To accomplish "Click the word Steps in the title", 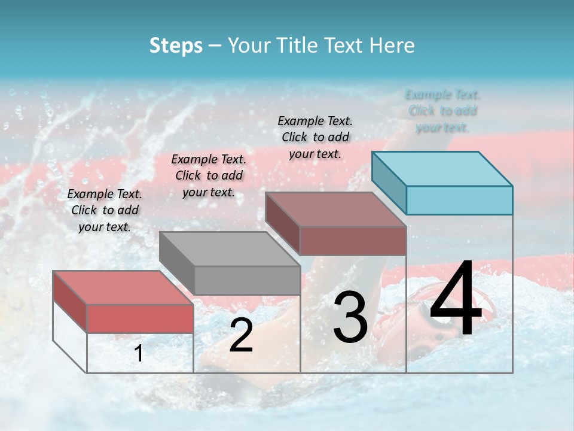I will [x=176, y=45].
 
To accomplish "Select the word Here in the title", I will [x=391, y=45].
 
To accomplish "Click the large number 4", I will [x=456, y=299].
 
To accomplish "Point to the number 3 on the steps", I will [x=350, y=318].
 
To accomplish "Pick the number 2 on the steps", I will [x=241, y=335].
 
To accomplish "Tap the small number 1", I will [x=139, y=354].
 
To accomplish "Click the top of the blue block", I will [x=442, y=168].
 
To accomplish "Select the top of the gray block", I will [x=230, y=248].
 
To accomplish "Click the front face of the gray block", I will [x=247, y=280].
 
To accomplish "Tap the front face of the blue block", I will [x=459, y=200].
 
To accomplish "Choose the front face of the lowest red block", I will [x=140, y=318].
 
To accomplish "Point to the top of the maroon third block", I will [x=335, y=209].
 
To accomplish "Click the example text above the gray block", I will [x=209, y=175].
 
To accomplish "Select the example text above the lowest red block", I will [x=105, y=210].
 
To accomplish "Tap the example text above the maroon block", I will [x=315, y=137].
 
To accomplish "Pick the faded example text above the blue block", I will [x=442, y=111].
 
